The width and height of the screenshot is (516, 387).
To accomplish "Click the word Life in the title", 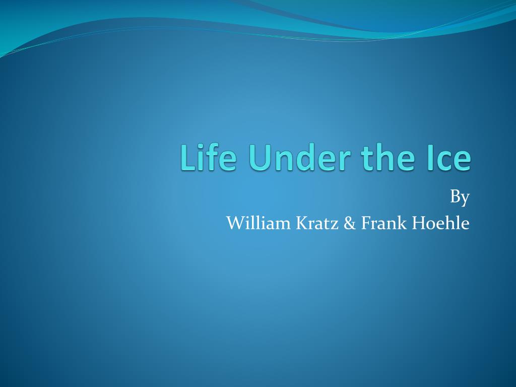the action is (208, 157).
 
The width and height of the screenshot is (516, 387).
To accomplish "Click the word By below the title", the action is (460, 198).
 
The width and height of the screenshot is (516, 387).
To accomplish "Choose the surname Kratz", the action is (317, 223).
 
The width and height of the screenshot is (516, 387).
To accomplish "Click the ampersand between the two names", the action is (350, 223).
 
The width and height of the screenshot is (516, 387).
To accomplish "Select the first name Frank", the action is (384, 223).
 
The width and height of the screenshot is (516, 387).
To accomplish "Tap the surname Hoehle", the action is (440, 223).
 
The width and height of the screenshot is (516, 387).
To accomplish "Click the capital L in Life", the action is (188, 157).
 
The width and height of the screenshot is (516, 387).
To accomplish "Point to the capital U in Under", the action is (260, 158).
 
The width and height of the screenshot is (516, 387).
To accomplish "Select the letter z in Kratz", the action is (335, 225).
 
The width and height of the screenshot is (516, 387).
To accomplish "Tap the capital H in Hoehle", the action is (419, 223).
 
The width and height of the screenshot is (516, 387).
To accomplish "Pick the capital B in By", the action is (455, 197).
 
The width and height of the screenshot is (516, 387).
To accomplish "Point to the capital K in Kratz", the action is (303, 223).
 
